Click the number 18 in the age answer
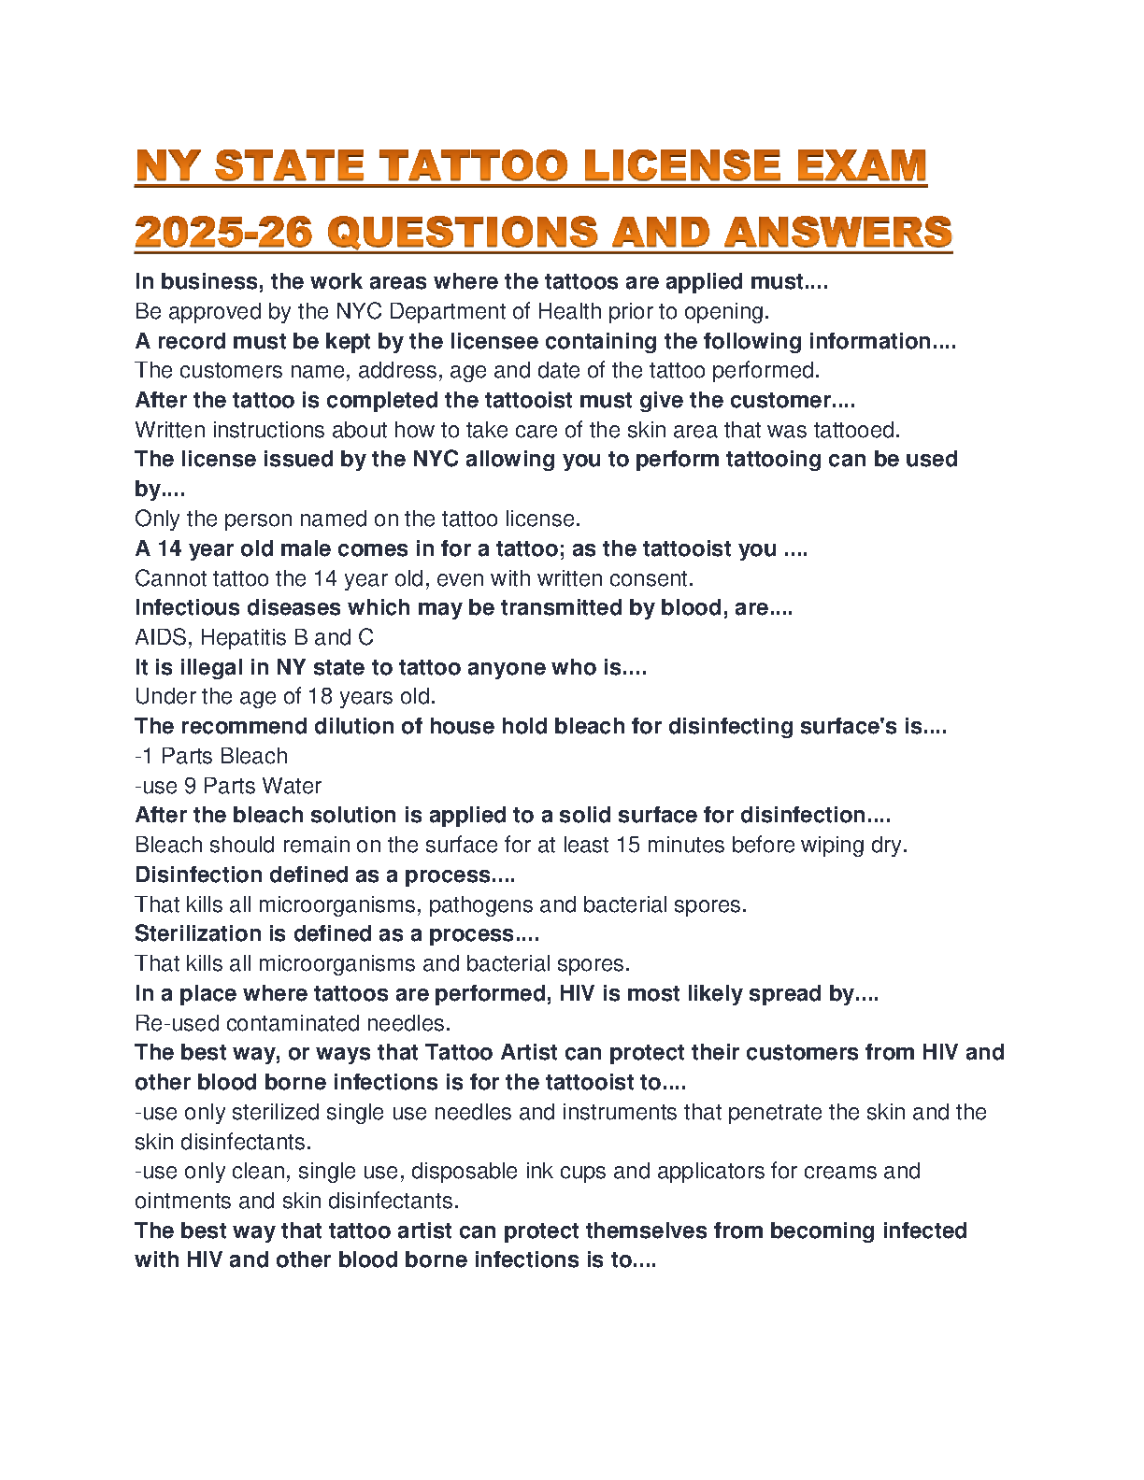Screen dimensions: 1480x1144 pyautogui.click(x=318, y=696)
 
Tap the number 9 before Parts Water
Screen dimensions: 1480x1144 pyautogui.click(x=190, y=786)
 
